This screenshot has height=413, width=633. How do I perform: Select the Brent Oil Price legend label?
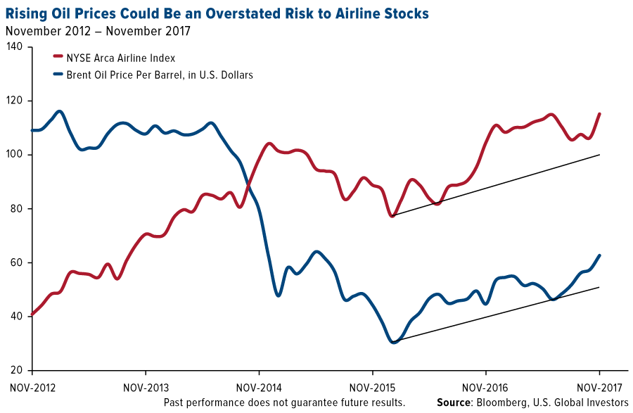click(159, 75)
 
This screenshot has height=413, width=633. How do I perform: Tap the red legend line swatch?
click(58, 58)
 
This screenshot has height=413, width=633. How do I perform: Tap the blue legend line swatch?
click(58, 75)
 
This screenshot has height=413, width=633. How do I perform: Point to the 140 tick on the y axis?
click(15, 47)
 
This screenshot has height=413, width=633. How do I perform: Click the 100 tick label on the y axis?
click(15, 155)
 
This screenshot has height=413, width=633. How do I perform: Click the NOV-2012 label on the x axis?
click(32, 387)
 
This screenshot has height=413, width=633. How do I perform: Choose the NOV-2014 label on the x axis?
click(259, 387)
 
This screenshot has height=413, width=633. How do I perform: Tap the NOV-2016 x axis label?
click(485, 387)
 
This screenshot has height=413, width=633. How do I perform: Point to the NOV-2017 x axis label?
click(599, 387)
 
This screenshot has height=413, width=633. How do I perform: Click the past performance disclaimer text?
click(284, 402)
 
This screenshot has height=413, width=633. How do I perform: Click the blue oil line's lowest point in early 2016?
click(394, 342)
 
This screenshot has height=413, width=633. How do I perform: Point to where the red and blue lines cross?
click(248, 184)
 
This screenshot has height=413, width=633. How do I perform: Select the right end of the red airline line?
click(599, 113)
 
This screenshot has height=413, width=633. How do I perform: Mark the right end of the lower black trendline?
click(599, 286)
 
